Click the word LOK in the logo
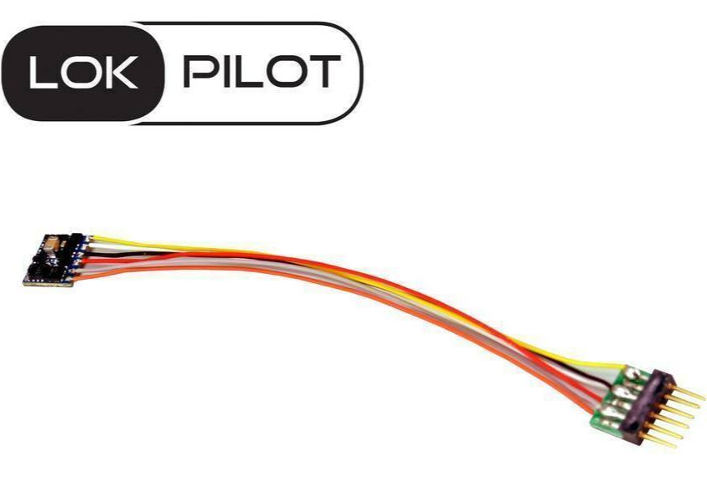point(83,73)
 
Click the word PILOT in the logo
point(262,71)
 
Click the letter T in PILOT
point(323,71)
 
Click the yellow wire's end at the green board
point(624,367)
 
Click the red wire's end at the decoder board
point(85,261)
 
